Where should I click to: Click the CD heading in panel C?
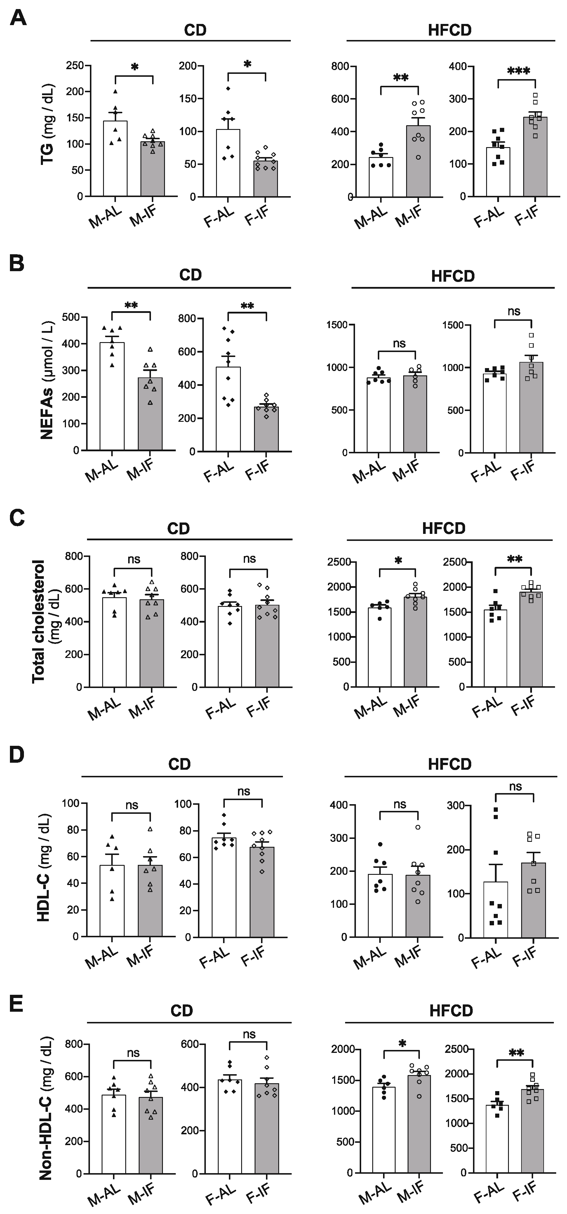click(x=179, y=528)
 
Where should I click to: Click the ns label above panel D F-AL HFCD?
click(x=516, y=787)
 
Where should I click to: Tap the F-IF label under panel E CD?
click(x=257, y=1195)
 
